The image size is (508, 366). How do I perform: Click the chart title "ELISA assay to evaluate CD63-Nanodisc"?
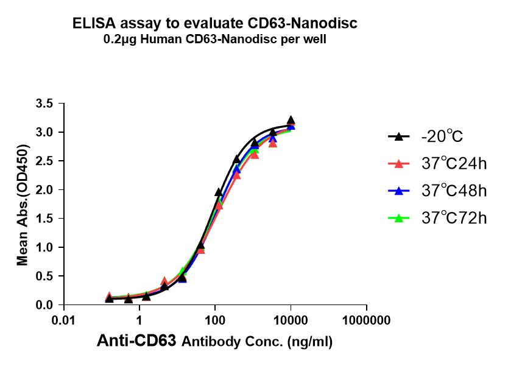[215, 24]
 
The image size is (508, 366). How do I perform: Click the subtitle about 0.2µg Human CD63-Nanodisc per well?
[215, 40]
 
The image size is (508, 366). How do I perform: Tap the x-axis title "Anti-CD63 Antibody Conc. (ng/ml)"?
[215, 342]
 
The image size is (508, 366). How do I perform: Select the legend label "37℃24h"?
[454, 163]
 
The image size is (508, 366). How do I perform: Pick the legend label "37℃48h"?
[454, 191]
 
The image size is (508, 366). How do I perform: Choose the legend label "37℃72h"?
[454, 218]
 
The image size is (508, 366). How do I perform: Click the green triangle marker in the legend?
[398, 217]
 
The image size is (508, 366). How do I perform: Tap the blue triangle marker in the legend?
[398, 190]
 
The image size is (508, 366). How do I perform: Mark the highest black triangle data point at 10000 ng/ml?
[291, 121]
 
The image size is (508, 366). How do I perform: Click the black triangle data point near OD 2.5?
[237, 160]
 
